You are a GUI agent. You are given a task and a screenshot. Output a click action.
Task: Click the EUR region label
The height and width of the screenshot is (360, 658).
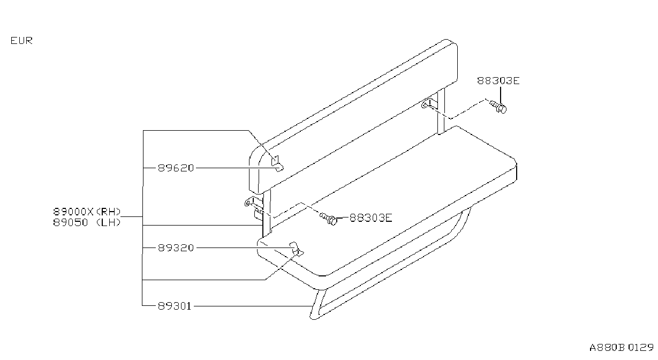pos(21,41)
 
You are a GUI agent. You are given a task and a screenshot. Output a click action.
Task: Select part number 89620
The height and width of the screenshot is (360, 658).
pos(176,168)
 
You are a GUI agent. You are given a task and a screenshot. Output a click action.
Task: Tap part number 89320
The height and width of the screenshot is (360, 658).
pos(176,248)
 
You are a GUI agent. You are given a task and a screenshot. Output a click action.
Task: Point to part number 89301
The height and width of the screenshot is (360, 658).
pos(175,306)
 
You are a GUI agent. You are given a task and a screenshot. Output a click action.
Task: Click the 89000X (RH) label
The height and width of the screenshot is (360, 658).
pos(87,212)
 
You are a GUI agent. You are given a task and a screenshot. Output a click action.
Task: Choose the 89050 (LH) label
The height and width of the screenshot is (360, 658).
pos(87,222)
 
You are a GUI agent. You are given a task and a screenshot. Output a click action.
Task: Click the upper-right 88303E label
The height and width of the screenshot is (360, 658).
pos(498,81)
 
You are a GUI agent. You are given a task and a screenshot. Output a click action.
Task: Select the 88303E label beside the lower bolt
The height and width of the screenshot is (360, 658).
pos(370,218)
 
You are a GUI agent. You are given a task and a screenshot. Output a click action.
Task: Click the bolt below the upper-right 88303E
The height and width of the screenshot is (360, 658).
pos(498,107)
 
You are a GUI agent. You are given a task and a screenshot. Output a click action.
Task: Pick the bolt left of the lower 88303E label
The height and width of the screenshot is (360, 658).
pos(328,219)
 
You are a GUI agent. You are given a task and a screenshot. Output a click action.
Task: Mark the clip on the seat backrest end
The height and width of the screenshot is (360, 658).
pos(277,164)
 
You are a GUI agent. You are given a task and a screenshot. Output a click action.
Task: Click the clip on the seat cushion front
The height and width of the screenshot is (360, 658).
pos(296,249)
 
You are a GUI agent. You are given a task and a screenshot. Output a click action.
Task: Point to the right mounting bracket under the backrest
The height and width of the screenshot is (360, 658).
pos(429,103)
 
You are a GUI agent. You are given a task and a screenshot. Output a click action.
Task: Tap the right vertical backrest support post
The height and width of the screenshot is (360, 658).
pos(441,111)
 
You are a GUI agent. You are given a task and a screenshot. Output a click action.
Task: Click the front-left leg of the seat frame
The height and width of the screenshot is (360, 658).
pos(316,304)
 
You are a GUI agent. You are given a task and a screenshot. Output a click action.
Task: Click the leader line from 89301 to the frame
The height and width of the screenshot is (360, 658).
pos(253,306)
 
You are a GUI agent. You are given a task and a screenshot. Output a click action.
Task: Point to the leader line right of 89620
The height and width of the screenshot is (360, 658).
pos(237,168)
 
